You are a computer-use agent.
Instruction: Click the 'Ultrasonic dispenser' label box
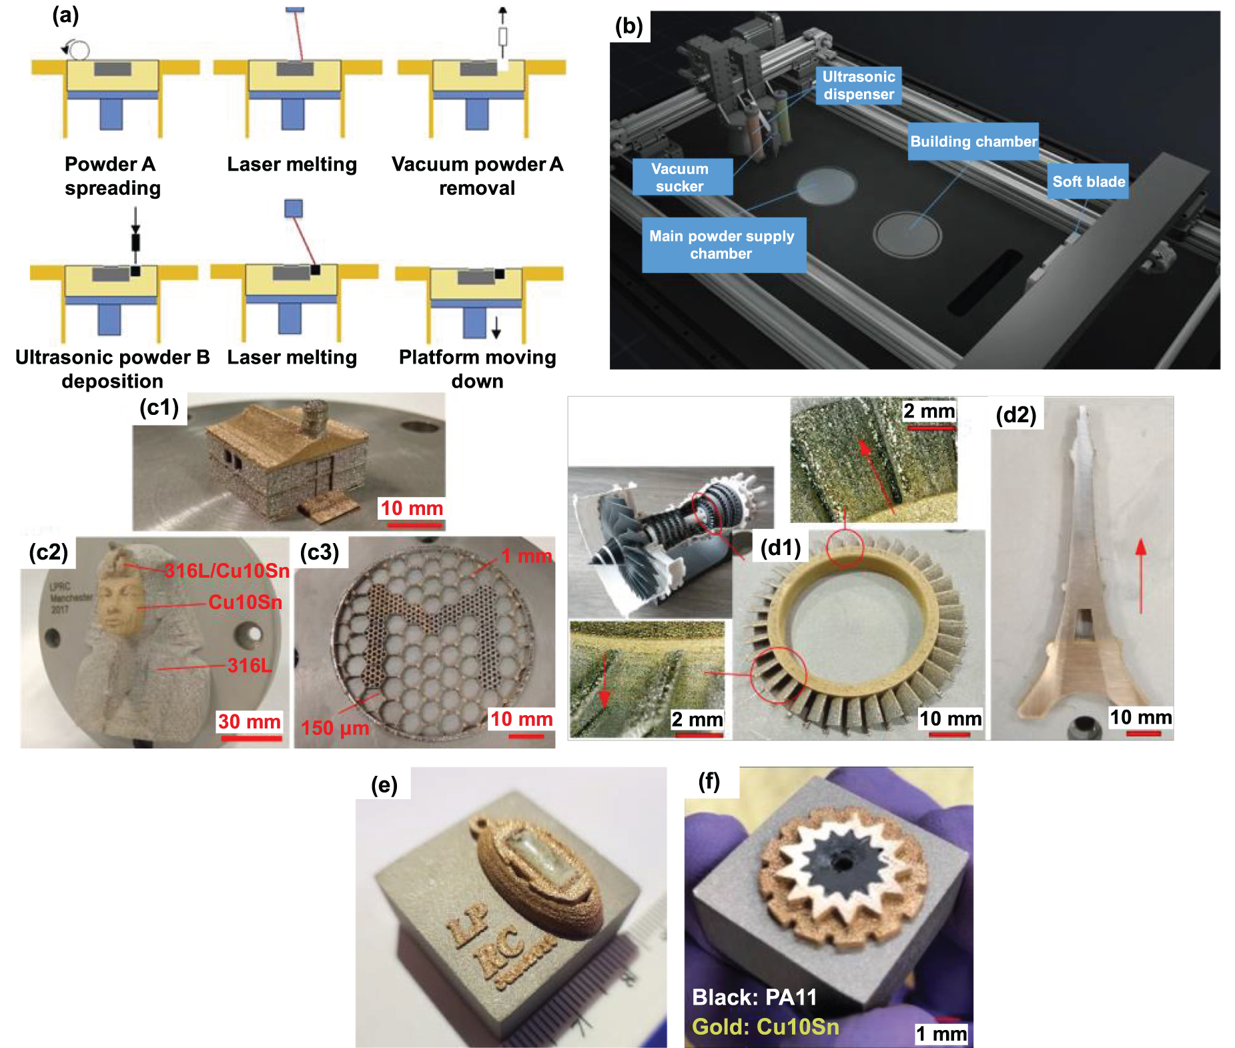coord(858,85)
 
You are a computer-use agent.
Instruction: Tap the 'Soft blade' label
coord(1088,181)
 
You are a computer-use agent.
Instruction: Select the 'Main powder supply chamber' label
coord(723,245)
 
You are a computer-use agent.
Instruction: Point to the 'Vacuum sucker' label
coord(681,177)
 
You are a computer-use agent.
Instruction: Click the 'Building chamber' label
coord(973,141)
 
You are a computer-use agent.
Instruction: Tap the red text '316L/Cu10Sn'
coord(227,571)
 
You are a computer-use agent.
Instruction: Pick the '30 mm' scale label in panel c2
coord(249,722)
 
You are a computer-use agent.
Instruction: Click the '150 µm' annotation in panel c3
coord(335,728)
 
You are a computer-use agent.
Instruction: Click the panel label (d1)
coord(780,548)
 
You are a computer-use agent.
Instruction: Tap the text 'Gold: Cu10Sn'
coord(765,1027)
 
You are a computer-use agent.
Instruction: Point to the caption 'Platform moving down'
coord(477,369)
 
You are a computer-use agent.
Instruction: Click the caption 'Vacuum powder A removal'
coord(477,176)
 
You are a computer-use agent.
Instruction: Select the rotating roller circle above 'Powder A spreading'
coord(79,50)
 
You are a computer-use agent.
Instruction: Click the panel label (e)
coord(384,785)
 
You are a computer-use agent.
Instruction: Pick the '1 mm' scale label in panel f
coord(941,1034)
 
